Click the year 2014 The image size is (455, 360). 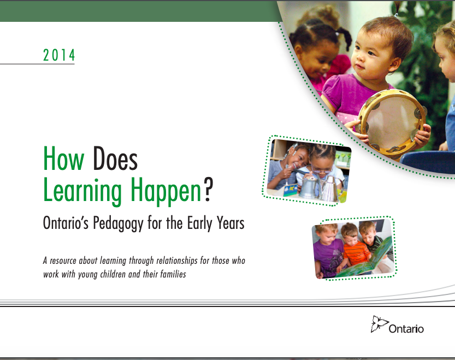[x=59, y=55]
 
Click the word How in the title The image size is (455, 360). [x=63, y=158]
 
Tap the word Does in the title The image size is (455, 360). [x=115, y=158]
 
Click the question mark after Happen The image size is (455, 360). [x=208, y=190]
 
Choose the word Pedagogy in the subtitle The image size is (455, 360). [x=118, y=223]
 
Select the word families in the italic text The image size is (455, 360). [x=173, y=274]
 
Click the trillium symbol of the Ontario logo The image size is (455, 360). [x=379, y=324]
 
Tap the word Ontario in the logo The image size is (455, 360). [x=406, y=329]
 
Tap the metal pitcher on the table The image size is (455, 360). [x=309, y=185]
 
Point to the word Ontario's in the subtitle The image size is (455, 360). [x=66, y=223]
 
